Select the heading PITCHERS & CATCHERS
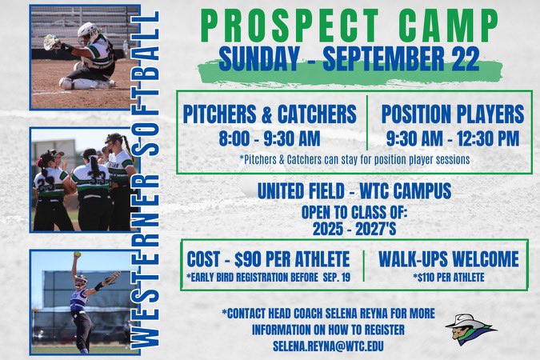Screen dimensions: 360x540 tap(269, 114)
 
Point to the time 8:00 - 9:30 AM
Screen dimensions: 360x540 tap(269, 138)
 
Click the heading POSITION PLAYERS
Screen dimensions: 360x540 tap(452, 114)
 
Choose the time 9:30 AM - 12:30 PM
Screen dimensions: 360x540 tap(452, 138)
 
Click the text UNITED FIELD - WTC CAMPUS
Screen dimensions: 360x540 tap(354, 191)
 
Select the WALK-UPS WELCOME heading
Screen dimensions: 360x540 tap(448, 259)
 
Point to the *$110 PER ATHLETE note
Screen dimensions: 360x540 tap(448, 277)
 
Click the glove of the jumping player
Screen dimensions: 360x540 tap(111, 279)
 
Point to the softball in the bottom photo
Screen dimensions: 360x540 tap(77, 254)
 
